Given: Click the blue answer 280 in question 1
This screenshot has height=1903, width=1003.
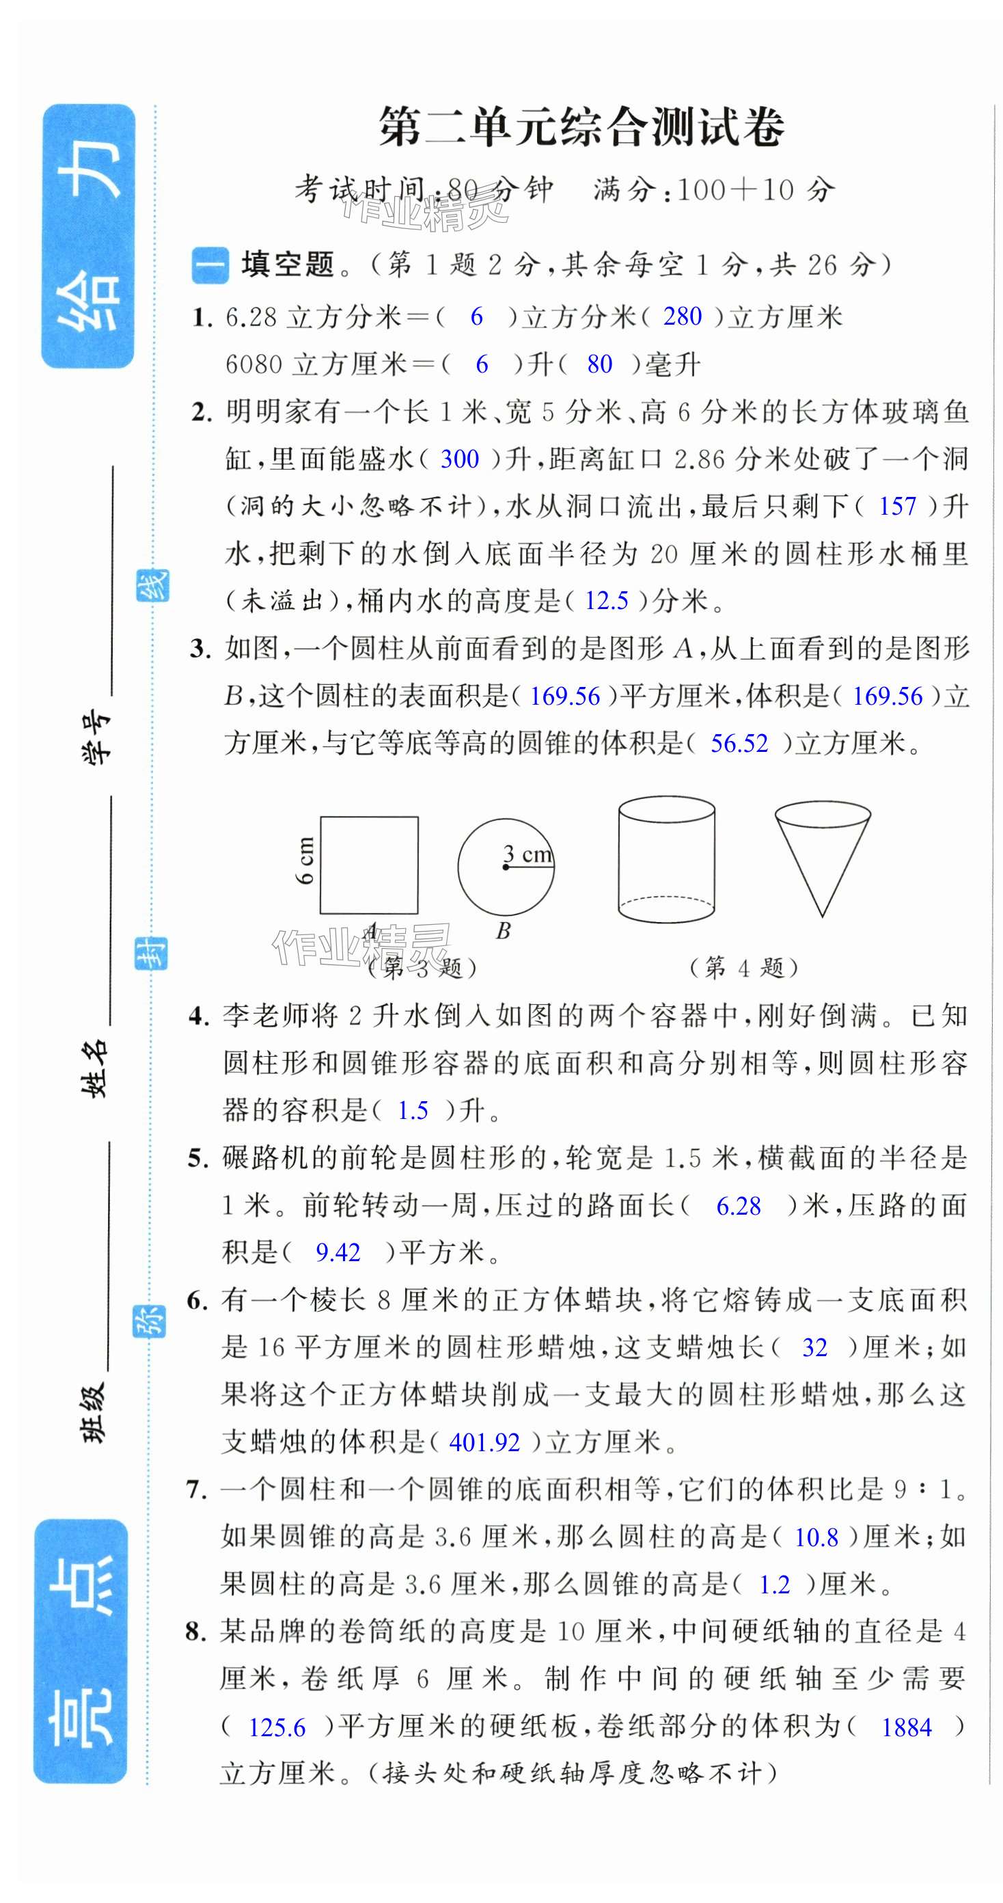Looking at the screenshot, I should (682, 316).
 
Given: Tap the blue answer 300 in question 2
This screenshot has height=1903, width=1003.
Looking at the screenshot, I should (459, 459).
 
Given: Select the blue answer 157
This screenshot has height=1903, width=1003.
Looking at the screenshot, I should (896, 506).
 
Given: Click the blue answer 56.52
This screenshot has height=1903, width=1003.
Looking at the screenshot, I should (739, 743).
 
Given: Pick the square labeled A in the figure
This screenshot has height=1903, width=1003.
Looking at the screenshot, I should (368, 865).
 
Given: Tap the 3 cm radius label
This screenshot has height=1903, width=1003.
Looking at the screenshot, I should (527, 854).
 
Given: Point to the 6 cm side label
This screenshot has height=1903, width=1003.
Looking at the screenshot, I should (304, 860).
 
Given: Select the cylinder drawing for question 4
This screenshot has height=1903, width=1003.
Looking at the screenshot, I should (665, 859).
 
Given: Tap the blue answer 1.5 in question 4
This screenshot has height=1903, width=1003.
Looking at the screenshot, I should (412, 1110).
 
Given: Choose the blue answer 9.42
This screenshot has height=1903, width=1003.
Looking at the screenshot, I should (338, 1252).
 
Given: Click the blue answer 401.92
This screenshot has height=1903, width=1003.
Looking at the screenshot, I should (484, 1442).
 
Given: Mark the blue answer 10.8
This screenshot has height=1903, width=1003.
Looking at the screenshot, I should (816, 1537).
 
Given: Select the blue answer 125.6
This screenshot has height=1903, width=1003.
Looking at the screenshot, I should (277, 1727).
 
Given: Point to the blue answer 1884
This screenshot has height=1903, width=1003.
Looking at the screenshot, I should (906, 1727).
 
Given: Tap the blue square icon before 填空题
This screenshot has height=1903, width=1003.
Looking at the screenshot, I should (210, 265).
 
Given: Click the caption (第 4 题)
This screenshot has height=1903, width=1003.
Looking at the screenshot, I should (743, 967).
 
